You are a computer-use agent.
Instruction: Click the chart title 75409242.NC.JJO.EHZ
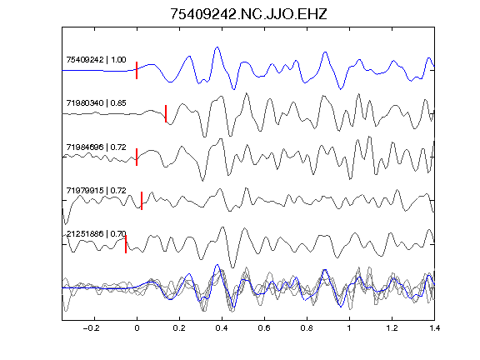(248, 14)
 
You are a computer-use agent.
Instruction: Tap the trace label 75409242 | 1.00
(96, 59)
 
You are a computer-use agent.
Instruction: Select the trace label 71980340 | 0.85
(96, 102)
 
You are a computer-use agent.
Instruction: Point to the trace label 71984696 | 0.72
(96, 147)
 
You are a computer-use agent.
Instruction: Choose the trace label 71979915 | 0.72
(96, 190)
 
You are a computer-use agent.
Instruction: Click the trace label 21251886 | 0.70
(96, 234)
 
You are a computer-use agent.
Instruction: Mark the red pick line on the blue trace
(137, 70)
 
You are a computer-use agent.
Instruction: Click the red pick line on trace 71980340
(166, 114)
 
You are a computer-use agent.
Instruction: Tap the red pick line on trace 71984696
(137, 157)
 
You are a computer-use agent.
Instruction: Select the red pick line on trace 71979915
(142, 201)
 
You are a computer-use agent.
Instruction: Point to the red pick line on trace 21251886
(126, 244)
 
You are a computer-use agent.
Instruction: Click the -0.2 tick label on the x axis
(92, 328)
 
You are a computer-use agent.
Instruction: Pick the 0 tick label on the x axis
(137, 328)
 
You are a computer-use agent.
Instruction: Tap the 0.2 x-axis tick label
(179, 328)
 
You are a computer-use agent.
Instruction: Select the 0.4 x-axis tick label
(222, 328)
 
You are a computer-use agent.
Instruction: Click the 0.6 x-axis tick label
(264, 328)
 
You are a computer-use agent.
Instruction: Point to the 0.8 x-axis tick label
(307, 328)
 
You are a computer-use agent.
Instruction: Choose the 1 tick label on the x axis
(349, 328)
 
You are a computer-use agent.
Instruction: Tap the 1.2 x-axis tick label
(392, 328)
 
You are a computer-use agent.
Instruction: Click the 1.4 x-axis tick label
(434, 328)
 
